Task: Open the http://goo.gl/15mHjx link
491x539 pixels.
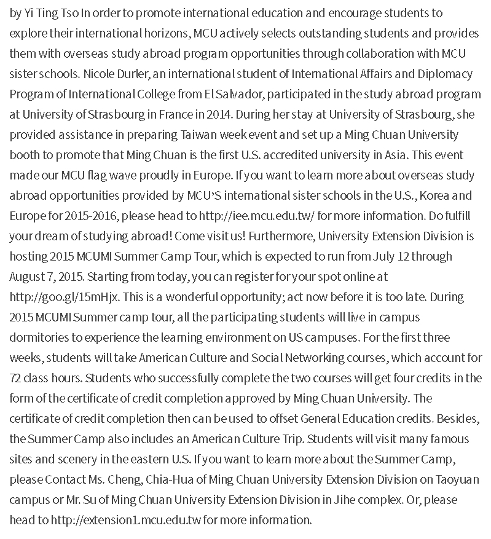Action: (x=65, y=297)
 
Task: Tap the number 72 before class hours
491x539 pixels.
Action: (x=17, y=378)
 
